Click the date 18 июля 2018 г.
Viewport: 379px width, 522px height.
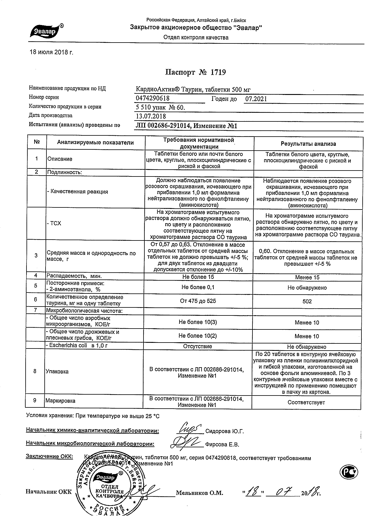[x=51, y=52]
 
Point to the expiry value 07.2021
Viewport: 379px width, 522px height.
[x=256, y=99]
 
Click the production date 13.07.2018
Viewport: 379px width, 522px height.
[x=151, y=116]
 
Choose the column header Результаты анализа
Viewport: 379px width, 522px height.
[x=308, y=144]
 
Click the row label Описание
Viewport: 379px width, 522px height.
[x=60, y=159]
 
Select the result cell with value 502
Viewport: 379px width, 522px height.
[x=307, y=301]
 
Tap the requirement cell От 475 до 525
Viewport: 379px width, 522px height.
[x=198, y=301]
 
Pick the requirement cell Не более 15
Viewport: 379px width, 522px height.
[x=198, y=277]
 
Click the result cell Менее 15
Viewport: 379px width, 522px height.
[x=307, y=277]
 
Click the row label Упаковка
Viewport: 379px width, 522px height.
[x=57, y=371]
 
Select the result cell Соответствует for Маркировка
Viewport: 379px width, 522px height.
[x=306, y=403]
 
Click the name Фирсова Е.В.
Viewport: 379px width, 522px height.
[x=222, y=445]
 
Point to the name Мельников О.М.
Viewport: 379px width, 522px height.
[x=199, y=493]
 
